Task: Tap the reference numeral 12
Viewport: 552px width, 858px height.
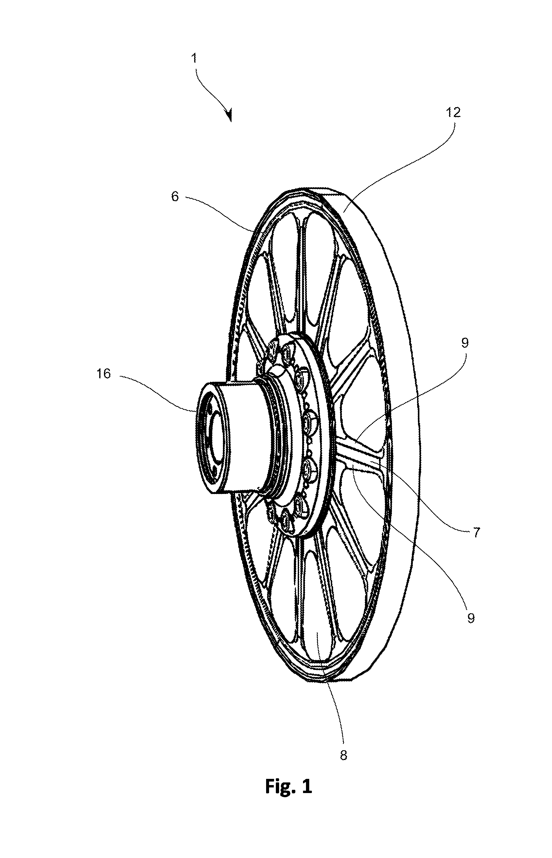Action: coord(453,112)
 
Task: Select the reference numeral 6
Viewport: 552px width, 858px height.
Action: coord(175,196)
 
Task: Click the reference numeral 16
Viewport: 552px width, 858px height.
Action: coord(104,374)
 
